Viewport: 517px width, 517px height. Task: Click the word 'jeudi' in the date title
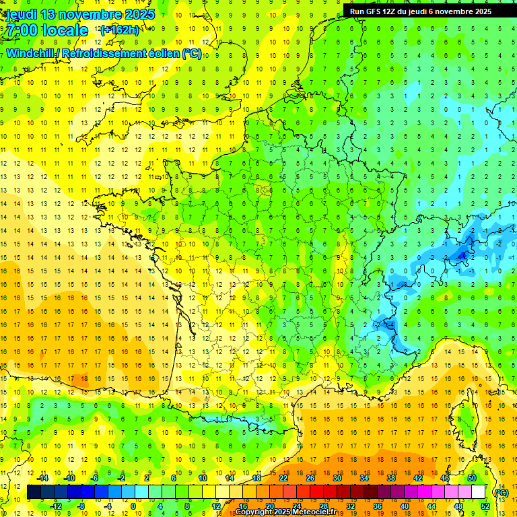click(x=21, y=14)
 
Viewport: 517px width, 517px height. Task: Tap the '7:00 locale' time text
click(x=47, y=30)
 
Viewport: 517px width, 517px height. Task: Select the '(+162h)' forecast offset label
click(x=119, y=30)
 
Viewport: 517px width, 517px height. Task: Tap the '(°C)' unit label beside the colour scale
click(x=502, y=493)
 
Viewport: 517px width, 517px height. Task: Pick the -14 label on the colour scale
click(x=44, y=478)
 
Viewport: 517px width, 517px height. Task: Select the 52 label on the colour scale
click(x=485, y=506)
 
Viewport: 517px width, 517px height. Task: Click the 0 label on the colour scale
click(x=133, y=506)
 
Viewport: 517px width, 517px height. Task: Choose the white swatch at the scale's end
click(x=479, y=492)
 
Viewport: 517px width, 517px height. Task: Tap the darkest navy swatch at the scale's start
click(x=34, y=492)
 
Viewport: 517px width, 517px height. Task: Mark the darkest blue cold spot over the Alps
click(x=462, y=255)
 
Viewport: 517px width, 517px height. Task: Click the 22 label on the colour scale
click(x=283, y=478)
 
